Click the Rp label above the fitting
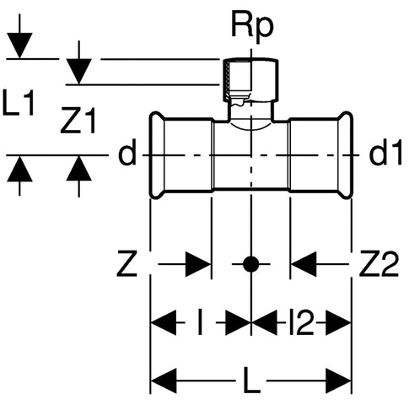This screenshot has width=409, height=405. [x=252, y=28]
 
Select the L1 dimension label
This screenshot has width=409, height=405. [x=19, y=102]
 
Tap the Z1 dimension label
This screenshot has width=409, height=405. [x=78, y=120]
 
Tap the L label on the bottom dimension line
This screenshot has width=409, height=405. [x=252, y=380]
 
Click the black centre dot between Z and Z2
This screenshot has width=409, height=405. [x=250, y=264]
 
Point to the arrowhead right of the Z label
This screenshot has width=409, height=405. [x=198, y=264]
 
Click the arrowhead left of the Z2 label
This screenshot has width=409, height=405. [x=304, y=264]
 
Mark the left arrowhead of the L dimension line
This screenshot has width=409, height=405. [x=164, y=381]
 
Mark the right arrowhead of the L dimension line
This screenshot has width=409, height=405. [x=338, y=381]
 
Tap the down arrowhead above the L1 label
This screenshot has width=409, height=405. [x=19, y=46]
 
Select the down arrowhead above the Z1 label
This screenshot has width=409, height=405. [x=79, y=72]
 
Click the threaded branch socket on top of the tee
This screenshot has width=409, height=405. [x=250, y=81]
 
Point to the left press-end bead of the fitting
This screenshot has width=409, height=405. [x=155, y=155]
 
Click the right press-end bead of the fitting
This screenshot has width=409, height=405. [x=346, y=155]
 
